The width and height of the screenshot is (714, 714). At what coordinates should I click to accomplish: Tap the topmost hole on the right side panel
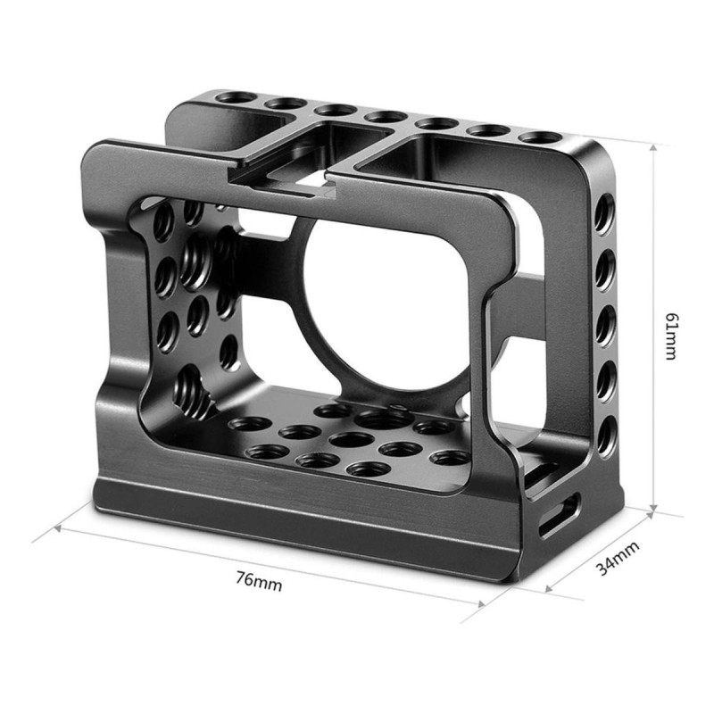pos(604,214)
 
